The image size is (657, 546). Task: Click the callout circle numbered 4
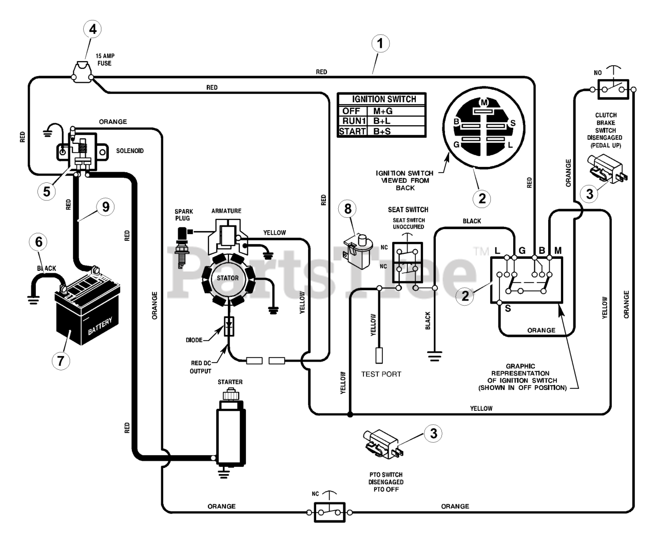(x=92, y=29)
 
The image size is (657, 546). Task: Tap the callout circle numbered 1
(x=380, y=44)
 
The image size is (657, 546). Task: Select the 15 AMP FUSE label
(x=105, y=60)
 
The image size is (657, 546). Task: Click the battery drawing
(x=87, y=309)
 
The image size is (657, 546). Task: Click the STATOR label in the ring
(x=227, y=278)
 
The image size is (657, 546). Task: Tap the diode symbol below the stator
(x=229, y=326)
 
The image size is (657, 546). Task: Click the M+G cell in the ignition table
(x=382, y=111)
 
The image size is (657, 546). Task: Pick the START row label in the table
(x=352, y=131)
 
